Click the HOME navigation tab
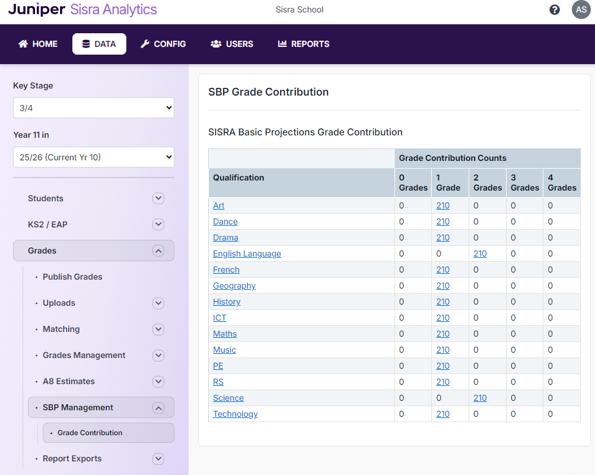click(x=38, y=44)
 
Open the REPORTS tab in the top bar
click(x=304, y=44)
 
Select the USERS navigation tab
click(x=232, y=44)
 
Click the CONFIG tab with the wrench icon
click(x=163, y=44)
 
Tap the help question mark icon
click(x=555, y=9)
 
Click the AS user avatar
click(x=581, y=9)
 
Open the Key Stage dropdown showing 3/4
click(x=94, y=108)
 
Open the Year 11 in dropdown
click(x=94, y=157)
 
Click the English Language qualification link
click(x=247, y=254)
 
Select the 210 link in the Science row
click(x=480, y=398)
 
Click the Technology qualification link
click(x=236, y=414)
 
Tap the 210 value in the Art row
click(x=443, y=205)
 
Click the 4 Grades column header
click(x=561, y=182)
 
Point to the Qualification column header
click(x=238, y=178)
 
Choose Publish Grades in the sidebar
click(x=72, y=277)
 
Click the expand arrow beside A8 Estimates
click(x=158, y=381)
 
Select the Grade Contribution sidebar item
click(x=90, y=433)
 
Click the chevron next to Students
click(x=158, y=198)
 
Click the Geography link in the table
click(x=234, y=286)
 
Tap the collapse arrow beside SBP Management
click(x=158, y=407)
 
